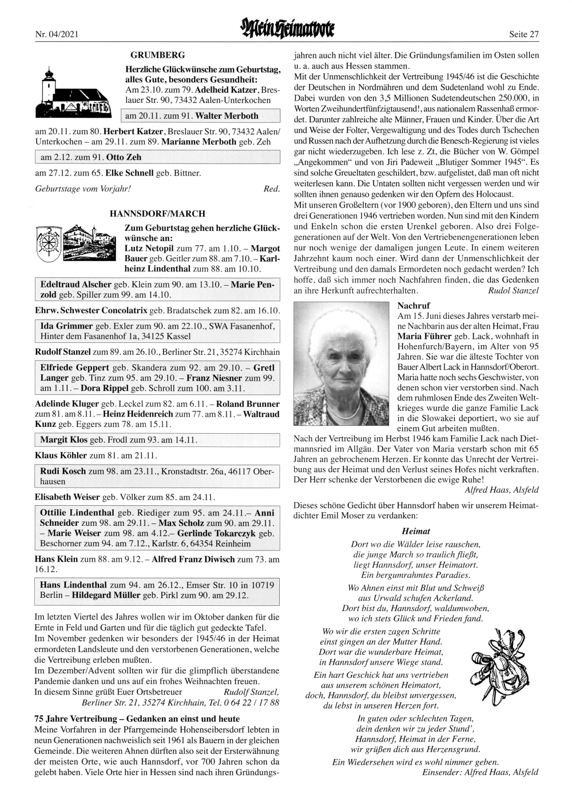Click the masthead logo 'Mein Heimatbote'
pyautogui.click(x=287, y=28)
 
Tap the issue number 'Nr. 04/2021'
pyautogui.click(x=56, y=35)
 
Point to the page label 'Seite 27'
pyautogui.click(x=524, y=35)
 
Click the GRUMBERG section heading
pyautogui.click(x=157, y=55)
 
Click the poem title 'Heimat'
pyautogui.click(x=416, y=531)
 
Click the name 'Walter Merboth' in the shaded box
pyautogui.click(x=227, y=116)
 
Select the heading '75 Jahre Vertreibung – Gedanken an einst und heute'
pyautogui.click(x=137, y=718)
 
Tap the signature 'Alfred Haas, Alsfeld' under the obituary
pyautogui.click(x=502, y=490)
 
